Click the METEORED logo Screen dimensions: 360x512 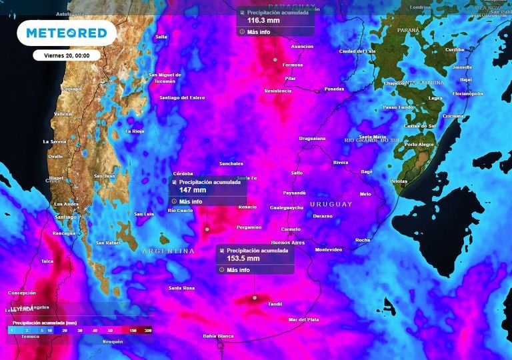66,33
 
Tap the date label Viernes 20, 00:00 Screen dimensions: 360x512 66,55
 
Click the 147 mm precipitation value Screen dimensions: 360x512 193,190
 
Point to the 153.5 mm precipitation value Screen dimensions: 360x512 243,259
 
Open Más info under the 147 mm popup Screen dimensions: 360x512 190,201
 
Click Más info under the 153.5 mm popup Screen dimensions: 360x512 238,270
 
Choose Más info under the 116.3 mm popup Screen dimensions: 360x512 258,32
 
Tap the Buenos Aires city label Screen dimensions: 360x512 287,243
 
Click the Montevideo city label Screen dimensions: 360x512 328,250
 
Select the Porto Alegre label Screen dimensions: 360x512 419,145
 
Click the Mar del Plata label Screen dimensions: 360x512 303,320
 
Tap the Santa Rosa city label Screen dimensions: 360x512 181,288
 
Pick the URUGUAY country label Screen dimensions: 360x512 331,204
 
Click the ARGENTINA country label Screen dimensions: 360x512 168,251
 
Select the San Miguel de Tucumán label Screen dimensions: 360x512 165,77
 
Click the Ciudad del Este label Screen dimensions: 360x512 357,51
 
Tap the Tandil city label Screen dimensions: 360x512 274,304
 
